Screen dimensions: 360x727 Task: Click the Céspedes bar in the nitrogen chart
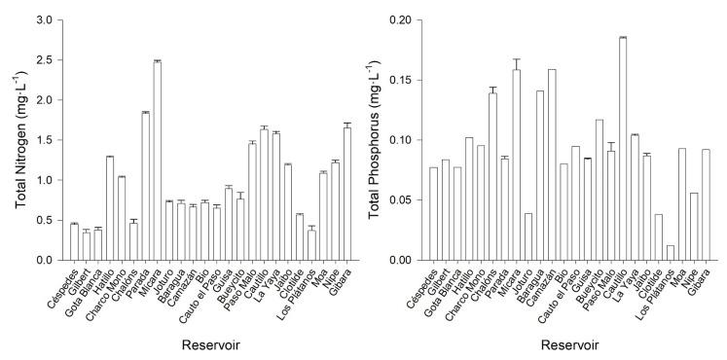[74, 242]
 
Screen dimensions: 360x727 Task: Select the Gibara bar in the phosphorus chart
[706, 204]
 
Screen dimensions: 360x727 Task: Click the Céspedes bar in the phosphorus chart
[433, 214]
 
